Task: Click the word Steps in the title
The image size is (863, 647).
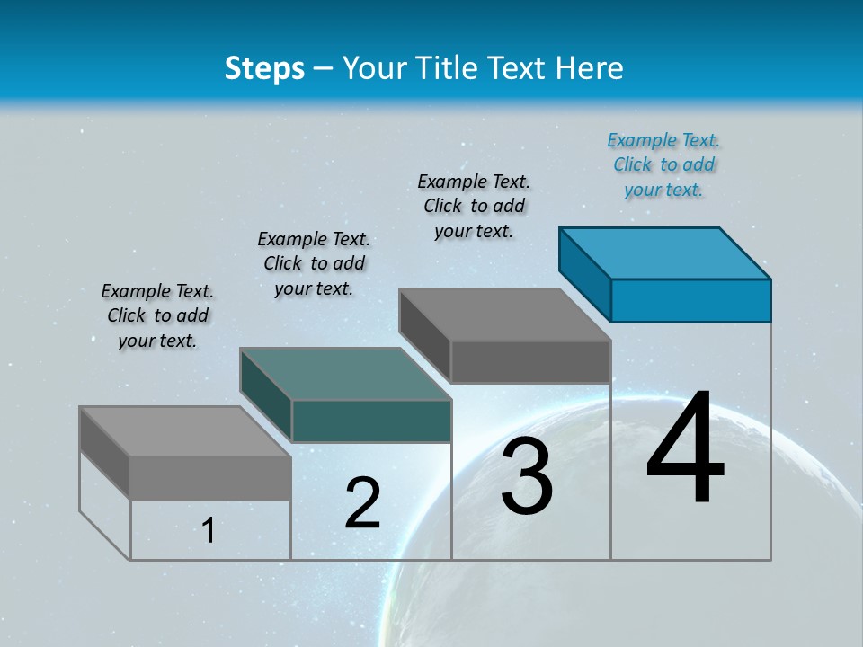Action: point(264,68)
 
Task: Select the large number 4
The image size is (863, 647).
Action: point(685,448)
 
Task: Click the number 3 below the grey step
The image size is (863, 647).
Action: point(527,476)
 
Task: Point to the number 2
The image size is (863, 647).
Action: point(363,503)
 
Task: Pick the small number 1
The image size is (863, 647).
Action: point(209,530)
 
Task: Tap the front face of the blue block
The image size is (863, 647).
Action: point(690,300)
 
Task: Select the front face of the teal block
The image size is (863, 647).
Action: point(371,421)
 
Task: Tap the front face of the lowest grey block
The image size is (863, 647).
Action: point(210,478)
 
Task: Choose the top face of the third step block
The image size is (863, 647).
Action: point(504,315)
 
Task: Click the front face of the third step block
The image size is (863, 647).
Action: point(530,361)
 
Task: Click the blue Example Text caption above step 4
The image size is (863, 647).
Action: point(663,164)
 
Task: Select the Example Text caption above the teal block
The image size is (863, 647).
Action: point(314,263)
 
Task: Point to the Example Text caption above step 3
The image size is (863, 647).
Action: point(474,206)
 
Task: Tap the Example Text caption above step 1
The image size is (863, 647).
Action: point(157,315)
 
